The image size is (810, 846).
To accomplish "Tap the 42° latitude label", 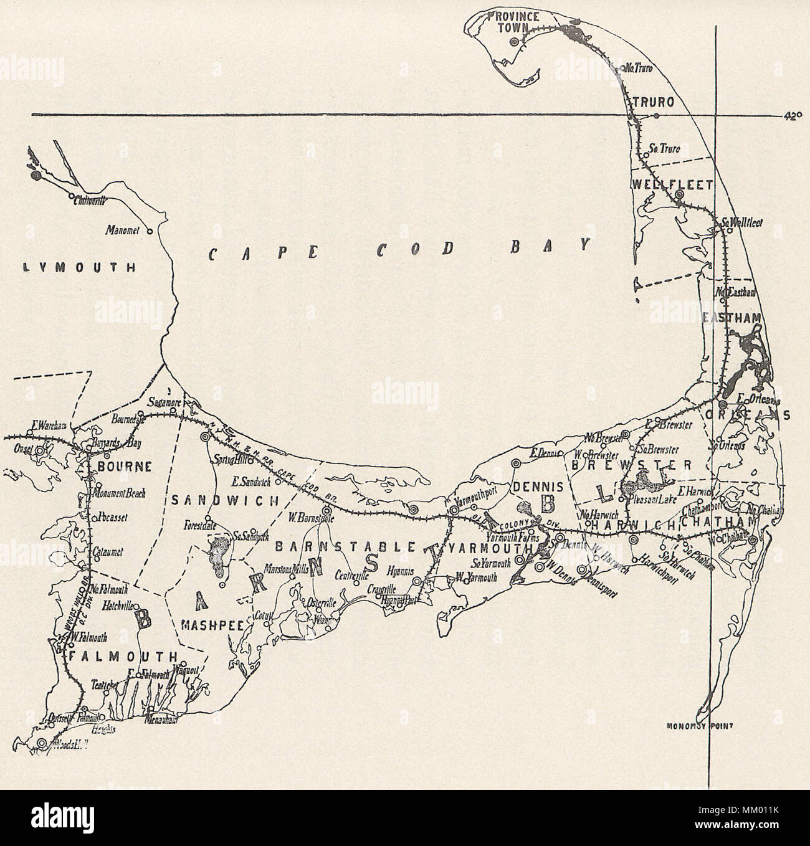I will (x=792, y=115).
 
